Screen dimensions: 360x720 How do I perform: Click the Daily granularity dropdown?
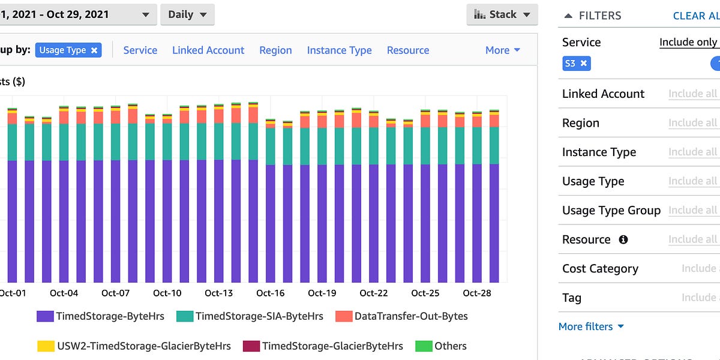pos(187,15)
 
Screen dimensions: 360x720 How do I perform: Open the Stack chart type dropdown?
pos(502,15)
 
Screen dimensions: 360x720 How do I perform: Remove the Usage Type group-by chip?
pos(94,50)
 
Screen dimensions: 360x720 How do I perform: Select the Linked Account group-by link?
pos(208,50)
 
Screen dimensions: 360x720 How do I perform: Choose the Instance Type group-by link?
pos(339,50)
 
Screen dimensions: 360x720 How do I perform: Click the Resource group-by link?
pos(408,50)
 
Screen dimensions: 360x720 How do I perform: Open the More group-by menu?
pos(502,50)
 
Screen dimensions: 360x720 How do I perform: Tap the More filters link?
pos(591,326)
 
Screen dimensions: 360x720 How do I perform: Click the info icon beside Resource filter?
pos(623,239)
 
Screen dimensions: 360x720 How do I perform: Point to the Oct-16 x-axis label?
pos(271,293)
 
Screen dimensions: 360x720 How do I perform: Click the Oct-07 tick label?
pos(115,293)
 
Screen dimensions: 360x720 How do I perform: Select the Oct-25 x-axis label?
pos(425,293)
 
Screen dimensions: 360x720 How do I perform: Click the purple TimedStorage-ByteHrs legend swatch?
pos(44,316)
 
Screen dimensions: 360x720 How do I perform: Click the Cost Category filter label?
pos(600,269)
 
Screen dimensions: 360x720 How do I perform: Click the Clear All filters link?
pos(696,16)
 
